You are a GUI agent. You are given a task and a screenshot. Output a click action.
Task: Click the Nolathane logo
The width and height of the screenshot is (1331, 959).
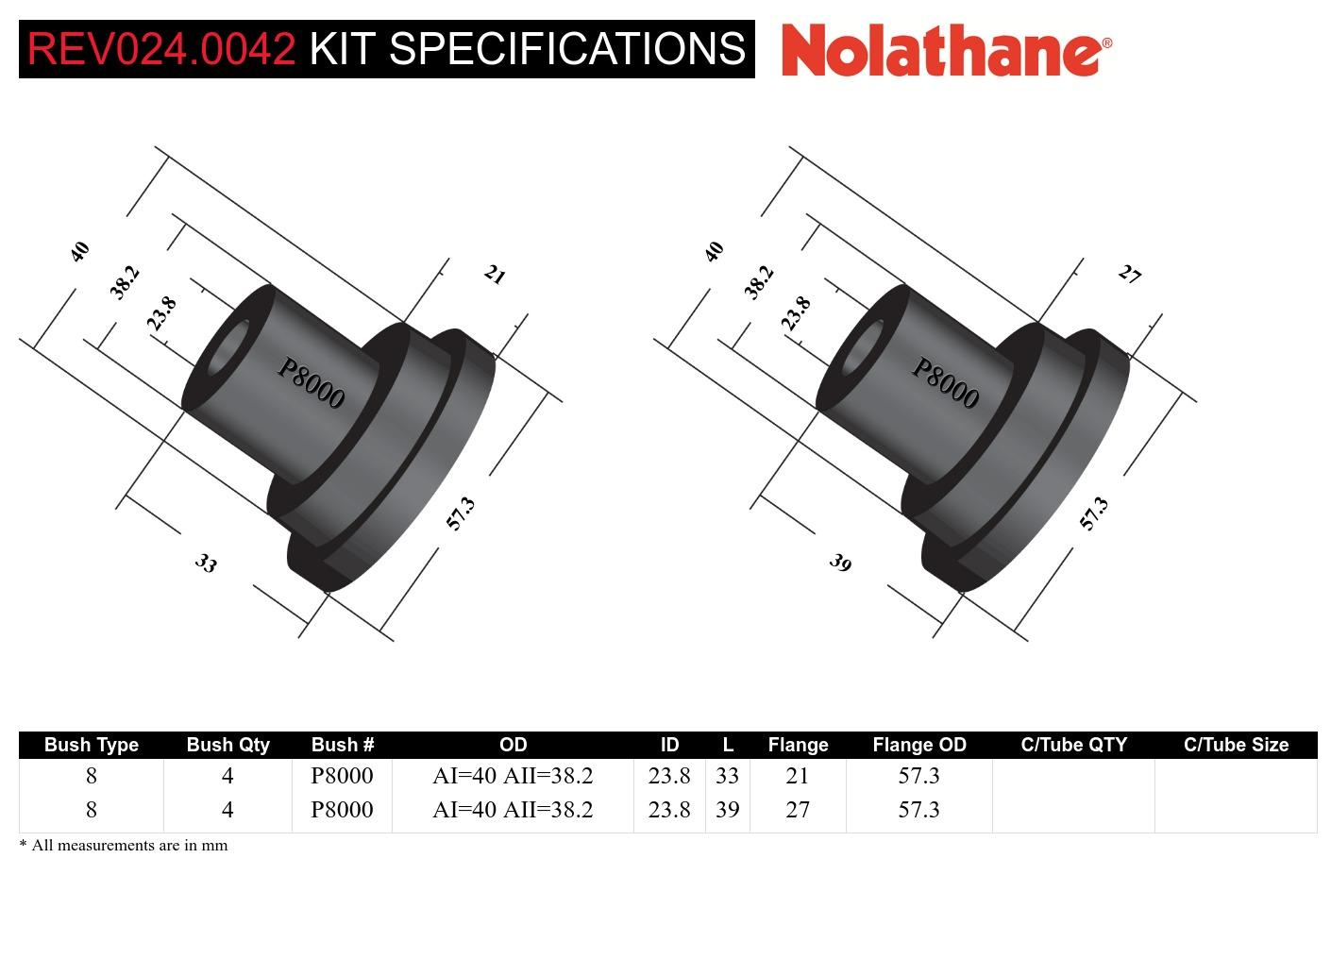tap(946, 49)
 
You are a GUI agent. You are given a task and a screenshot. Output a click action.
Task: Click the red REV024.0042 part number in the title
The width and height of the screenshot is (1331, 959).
tap(161, 49)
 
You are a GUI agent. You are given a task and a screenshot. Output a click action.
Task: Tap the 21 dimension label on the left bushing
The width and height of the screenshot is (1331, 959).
tap(495, 275)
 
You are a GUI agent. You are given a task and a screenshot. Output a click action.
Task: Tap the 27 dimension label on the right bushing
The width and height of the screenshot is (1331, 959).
tap(1129, 275)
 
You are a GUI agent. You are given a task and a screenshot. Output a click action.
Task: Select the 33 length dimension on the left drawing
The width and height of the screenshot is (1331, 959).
tap(206, 564)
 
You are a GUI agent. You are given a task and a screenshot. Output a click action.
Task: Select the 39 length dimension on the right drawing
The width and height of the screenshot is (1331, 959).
tap(840, 564)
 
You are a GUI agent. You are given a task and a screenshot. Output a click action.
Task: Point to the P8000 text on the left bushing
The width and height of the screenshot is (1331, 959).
tap(311, 382)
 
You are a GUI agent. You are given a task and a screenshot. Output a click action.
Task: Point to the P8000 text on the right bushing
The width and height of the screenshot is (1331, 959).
tap(945, 382)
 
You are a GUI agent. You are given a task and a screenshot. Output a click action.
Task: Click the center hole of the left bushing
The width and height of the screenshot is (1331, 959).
tap(227, 349)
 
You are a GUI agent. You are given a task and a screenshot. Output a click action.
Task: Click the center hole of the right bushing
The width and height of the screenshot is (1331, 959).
tap(861, 349)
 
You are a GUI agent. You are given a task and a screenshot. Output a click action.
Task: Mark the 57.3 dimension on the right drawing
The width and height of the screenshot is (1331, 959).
tap(1094, 513)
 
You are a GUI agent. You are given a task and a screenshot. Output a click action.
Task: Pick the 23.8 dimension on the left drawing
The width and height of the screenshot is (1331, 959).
tap(161, 312)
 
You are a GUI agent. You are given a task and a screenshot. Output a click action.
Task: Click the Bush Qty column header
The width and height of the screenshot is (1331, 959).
tap(227, 745)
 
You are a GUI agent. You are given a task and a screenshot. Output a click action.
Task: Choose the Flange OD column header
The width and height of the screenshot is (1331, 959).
tap(918, 745)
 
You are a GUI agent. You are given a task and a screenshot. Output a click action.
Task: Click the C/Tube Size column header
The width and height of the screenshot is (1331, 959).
tap(1236, 745)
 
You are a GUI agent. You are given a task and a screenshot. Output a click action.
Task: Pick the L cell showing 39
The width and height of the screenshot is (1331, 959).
tap(727, 810)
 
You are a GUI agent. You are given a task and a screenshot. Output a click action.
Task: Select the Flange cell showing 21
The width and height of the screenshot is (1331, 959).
tap(798, 776)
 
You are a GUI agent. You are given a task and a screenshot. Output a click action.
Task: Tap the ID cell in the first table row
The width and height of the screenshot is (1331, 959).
tap(669, 776)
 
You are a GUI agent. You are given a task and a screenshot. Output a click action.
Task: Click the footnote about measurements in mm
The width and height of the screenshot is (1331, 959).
tap(124, 846)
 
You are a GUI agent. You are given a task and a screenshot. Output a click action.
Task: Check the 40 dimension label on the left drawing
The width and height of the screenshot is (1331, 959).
tap(80, 251)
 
